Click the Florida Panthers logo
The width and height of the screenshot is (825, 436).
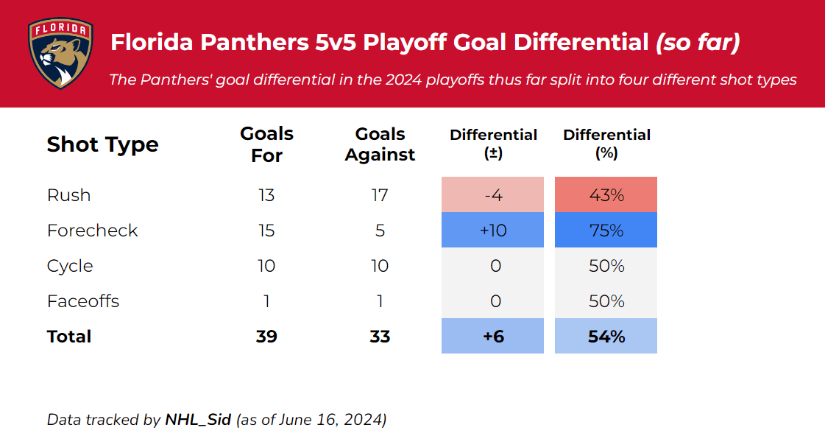(61, 54)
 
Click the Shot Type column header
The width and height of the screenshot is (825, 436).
(102, 144)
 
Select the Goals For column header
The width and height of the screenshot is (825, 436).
(266, 144)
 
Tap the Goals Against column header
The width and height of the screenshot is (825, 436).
(380, 144)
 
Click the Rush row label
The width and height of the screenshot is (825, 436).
(68, 195)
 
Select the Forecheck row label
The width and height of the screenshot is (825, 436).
(92, 231)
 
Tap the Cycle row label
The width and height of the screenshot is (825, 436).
(70, 266)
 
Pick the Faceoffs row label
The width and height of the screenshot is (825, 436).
(82, 301)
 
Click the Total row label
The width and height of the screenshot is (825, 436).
(69, 337)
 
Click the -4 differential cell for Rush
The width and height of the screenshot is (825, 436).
(492, 195)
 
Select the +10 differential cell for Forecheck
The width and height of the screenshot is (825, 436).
(492, 231)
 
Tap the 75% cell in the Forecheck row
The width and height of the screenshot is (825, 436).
(606, 231)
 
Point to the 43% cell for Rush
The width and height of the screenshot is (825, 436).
(606, 195)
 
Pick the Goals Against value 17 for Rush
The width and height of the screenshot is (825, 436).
(380, 195)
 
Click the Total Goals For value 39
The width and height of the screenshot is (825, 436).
(266, 337)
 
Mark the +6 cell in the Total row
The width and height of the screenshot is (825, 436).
(492, 337)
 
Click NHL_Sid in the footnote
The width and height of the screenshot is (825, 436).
(198, 421)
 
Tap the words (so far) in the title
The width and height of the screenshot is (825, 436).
(697, 43)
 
